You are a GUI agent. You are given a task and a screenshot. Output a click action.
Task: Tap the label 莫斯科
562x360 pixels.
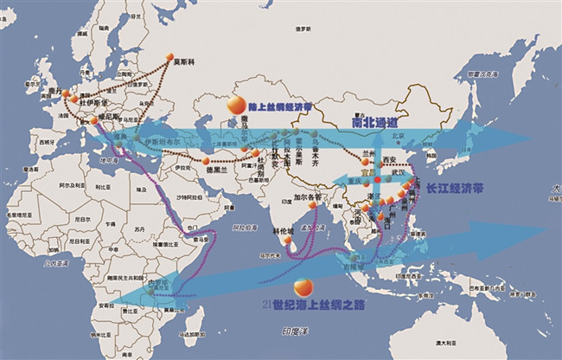click(x=182, y=62)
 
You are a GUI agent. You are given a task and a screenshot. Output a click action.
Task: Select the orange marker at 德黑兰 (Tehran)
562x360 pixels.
click(x=206, y=162)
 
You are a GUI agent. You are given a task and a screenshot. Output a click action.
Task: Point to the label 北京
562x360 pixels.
click(x=399, y=136)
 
